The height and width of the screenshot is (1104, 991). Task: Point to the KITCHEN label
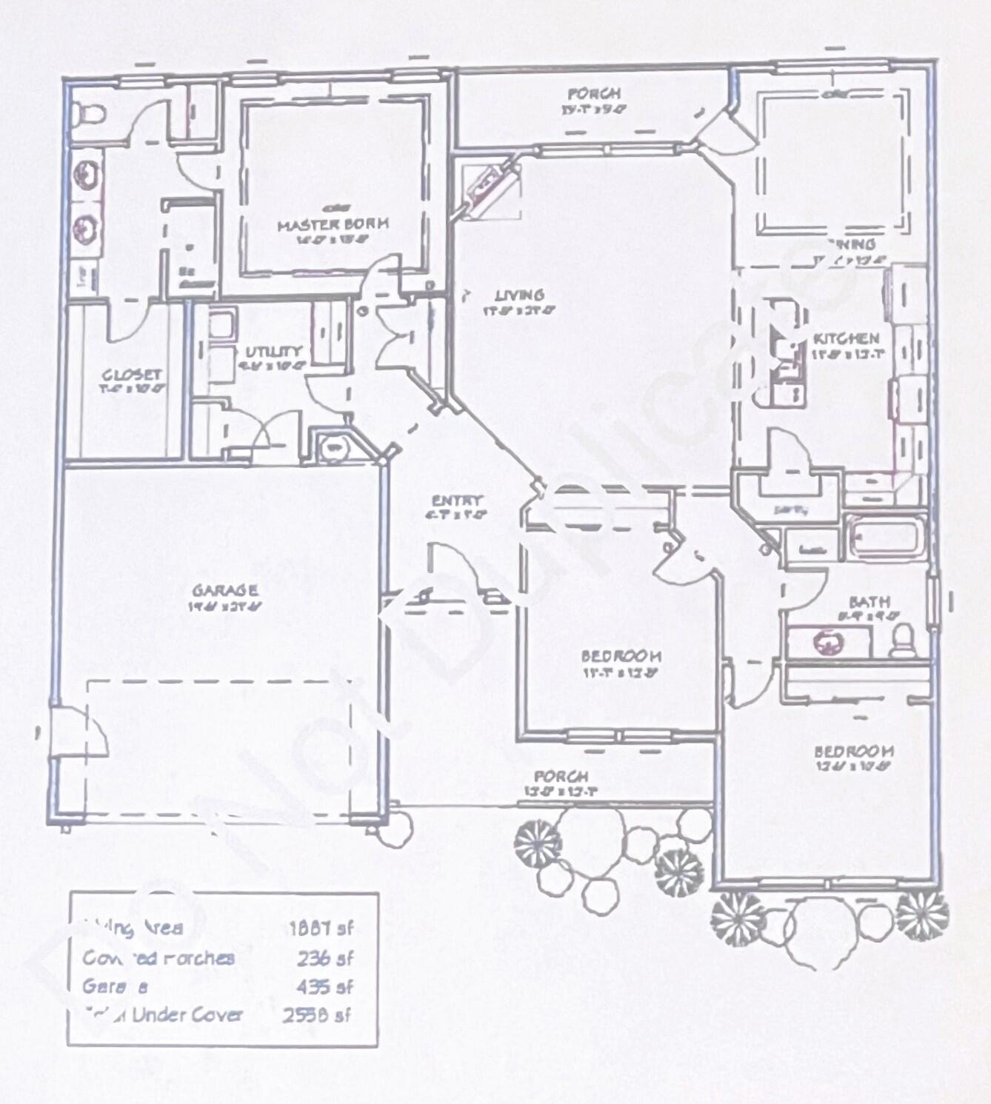coord(846,339)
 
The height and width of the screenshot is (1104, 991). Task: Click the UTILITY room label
coord(273,352)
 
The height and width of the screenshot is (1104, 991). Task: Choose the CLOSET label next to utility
coord(132,375)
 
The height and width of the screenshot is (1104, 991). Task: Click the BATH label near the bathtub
coord(870,602)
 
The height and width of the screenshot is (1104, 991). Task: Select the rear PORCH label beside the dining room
coord(594,95)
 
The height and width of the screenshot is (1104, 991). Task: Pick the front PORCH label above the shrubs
coord(561,777)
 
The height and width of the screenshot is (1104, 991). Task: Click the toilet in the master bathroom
coord(88,114)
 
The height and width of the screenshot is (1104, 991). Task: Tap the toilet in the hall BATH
coord(903,640)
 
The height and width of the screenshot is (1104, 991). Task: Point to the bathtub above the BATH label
coord(884,536)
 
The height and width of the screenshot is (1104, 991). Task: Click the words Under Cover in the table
coord(187,1014)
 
